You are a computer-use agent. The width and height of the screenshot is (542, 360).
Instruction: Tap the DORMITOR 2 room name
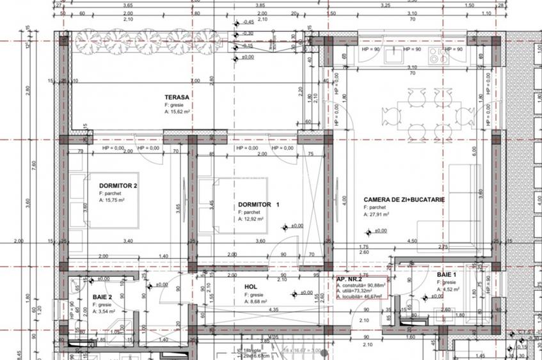coord(118,185)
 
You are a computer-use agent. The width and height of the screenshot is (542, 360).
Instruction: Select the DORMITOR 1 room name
coord(259,205)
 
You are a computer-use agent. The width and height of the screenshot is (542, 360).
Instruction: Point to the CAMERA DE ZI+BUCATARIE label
coord(404,200)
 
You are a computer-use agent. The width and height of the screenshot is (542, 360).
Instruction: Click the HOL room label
coord(251,287)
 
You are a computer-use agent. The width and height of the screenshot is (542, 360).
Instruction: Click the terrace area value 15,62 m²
coord(181,111)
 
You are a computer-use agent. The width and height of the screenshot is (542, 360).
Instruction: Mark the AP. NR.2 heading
coord(350,279)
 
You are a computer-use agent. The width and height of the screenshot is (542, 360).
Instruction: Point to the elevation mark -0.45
coord(248,22)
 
